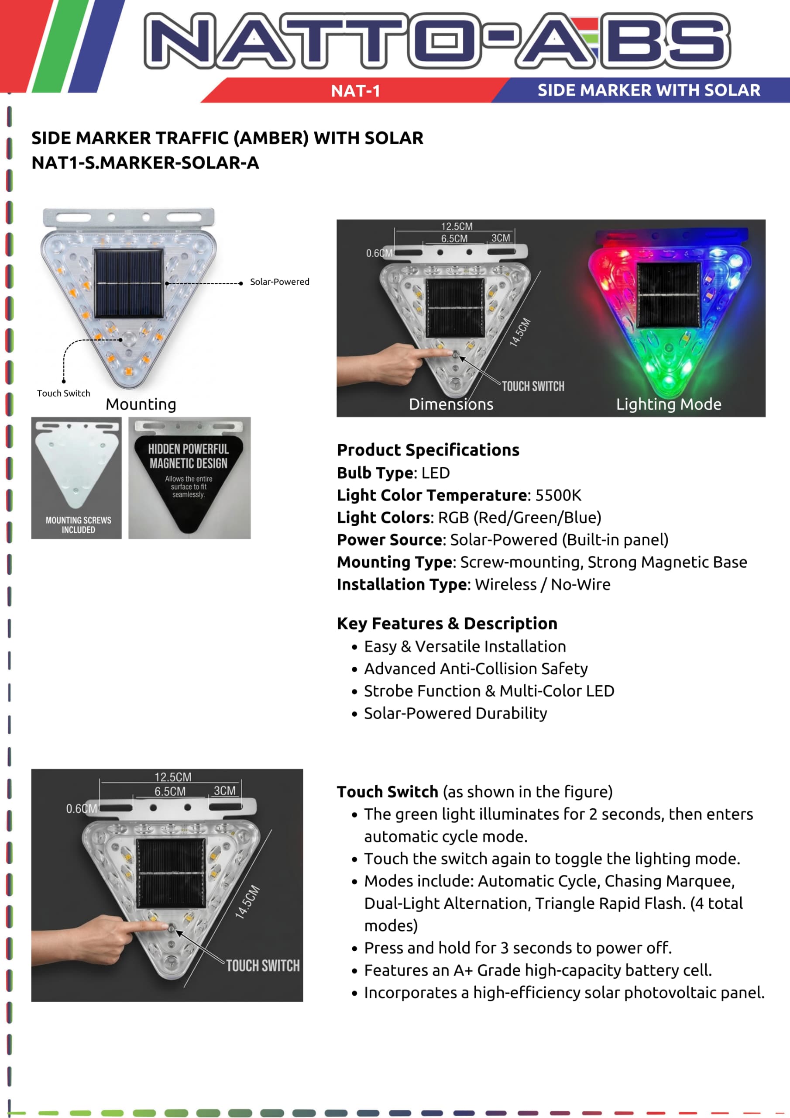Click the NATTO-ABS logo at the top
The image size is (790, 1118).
click(436, 41)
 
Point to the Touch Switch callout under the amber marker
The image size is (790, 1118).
click(63, 393)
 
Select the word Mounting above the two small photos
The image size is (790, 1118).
click(141, 404)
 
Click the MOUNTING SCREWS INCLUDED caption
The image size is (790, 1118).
click(79, 525)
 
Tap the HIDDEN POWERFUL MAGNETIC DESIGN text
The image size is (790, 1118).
click(189, 456)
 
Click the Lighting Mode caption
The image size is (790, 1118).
click(669, 404)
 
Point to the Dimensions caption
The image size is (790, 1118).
click(451, 404)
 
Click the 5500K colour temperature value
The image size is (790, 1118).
click(558, 495)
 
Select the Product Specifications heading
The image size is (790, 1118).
click(428, 450)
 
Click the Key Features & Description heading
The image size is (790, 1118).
click(447, 623)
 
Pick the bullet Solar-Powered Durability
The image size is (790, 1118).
click(455, 713)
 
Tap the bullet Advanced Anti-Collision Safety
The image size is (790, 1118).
click(476, 669)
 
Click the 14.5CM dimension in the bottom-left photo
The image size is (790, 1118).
click(248, 902)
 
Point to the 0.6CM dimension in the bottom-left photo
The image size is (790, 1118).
click(81, 809)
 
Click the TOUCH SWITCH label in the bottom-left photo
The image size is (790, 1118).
click(263, 966)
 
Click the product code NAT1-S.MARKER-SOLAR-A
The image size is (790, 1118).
click(145, 162)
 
